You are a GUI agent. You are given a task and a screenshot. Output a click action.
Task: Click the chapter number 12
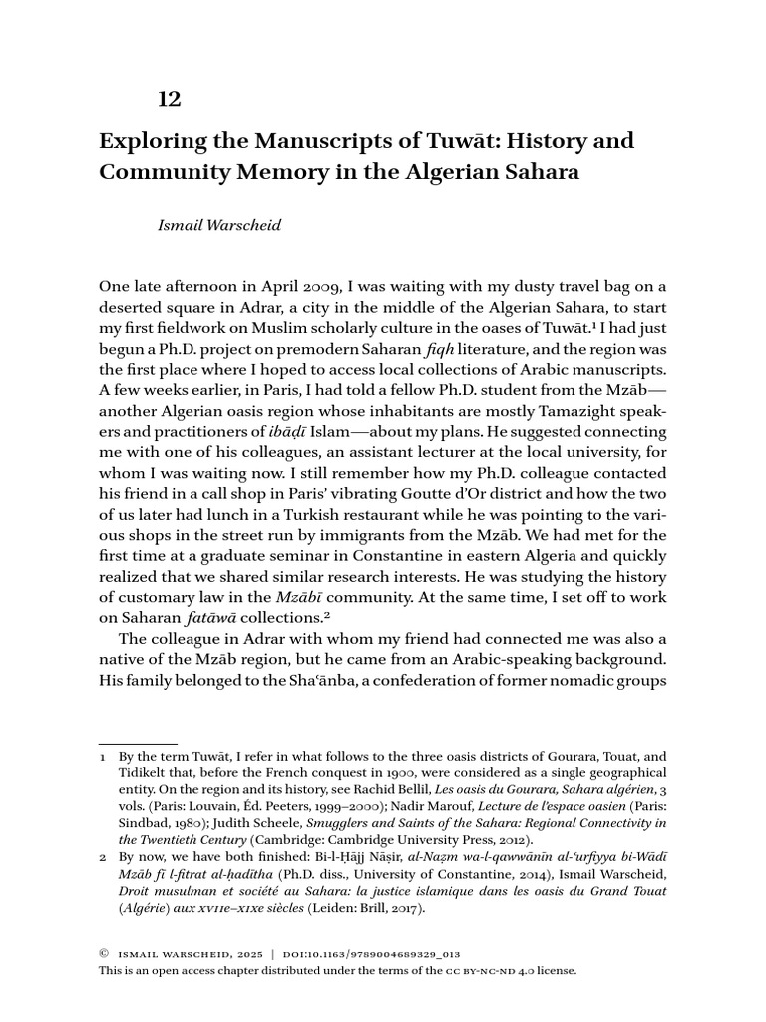coord(170,99)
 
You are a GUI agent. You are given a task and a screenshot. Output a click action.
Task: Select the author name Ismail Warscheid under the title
coord(219,226)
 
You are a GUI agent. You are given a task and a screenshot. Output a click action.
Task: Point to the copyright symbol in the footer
coord(104,954)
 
